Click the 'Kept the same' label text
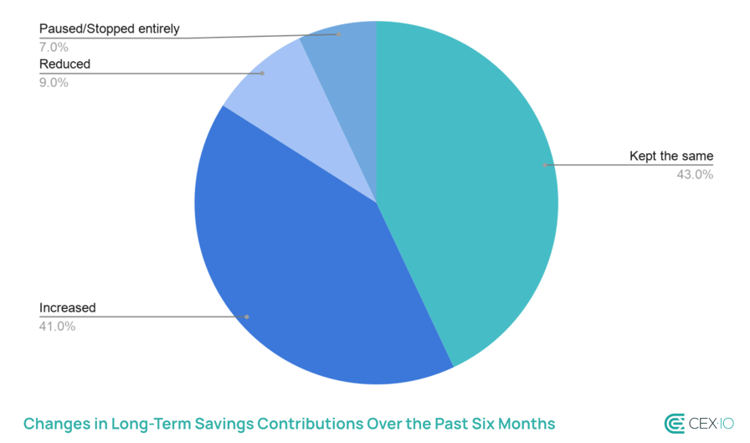[x=671, y=157]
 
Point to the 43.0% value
[x=695, y=175]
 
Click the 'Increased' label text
[x=68, y=307]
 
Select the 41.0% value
[x=58, y=326]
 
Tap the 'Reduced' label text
[x=64, y=64]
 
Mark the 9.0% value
[x=54, y=82]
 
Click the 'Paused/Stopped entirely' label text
[x=110, y=29]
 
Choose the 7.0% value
[x=54, y=47]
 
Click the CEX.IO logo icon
[x=675, y=423]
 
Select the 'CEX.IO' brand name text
[x=711, y=424]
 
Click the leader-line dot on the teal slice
[x=546, y=165]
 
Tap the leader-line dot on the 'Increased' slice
[x=247, y=317]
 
